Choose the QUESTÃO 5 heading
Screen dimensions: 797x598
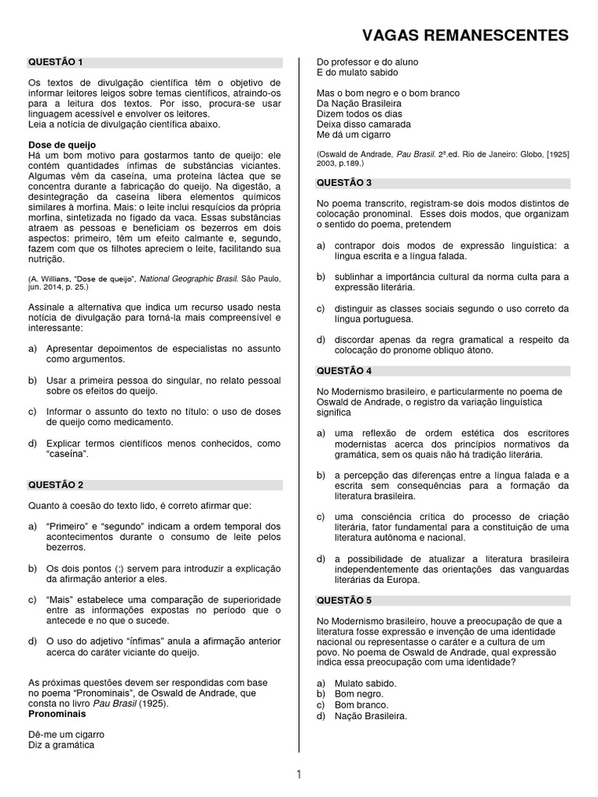tap(343, 600)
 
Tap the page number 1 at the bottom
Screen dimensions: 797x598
tap(298, 774)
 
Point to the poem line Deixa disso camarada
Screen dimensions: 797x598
tap(364, 124)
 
